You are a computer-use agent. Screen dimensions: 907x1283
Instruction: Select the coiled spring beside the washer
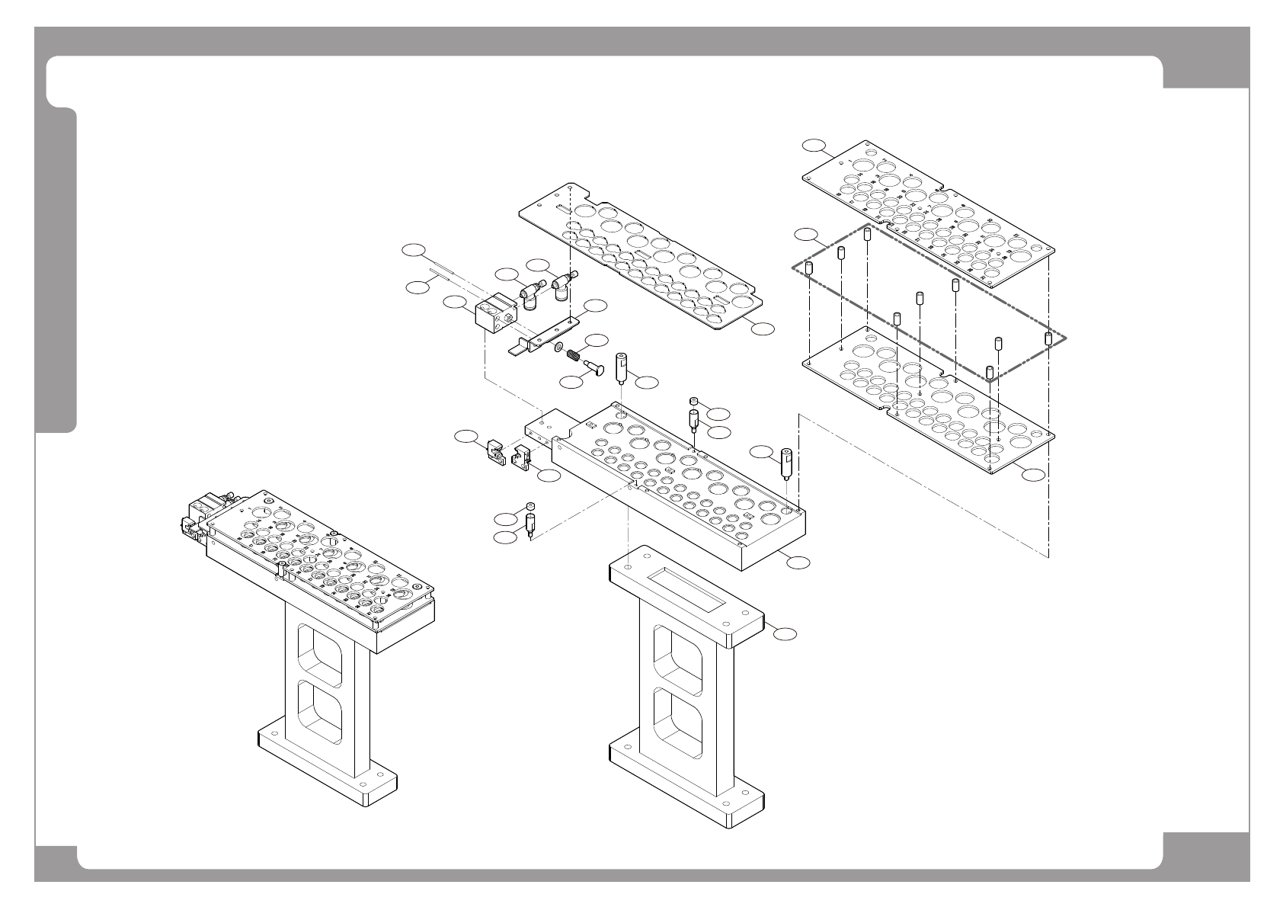(x=578, y=354)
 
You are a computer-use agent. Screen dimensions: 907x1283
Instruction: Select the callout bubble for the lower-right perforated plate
(x=1033, y=475)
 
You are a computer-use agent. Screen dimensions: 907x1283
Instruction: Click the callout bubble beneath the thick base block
(x=797, y=562)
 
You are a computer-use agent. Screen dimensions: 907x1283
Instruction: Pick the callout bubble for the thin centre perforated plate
(x=763, y=329)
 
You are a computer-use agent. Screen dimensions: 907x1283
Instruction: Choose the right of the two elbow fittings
(x=564, y=286)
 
